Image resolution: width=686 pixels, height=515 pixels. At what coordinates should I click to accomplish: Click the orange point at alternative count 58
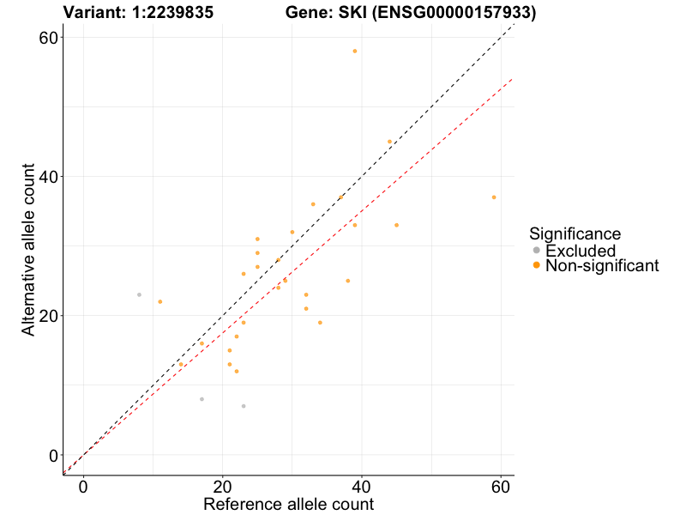point(355,51)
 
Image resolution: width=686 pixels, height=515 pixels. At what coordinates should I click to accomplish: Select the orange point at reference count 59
point(494,197)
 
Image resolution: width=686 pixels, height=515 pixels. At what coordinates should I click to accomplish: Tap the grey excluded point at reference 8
point(139,294)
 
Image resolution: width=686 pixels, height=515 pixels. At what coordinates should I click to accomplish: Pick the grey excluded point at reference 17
point(202,399)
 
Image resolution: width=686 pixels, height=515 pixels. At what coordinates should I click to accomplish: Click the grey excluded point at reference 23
point(244,406)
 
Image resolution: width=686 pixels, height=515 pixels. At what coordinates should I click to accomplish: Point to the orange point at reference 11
point(160,301)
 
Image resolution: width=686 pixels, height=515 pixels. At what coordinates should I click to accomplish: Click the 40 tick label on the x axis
point(362,485)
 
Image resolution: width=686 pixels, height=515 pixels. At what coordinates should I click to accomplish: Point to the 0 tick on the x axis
point(84,485)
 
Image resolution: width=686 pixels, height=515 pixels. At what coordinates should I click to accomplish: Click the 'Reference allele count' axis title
point(288,504)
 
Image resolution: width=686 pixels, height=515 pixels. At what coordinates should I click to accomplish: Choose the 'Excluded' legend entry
point(581,251)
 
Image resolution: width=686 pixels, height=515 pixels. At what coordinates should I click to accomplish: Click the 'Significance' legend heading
point(575,233)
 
